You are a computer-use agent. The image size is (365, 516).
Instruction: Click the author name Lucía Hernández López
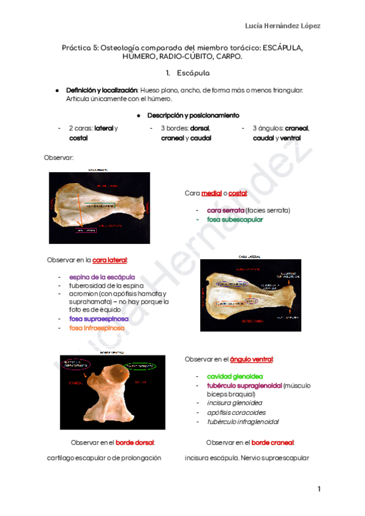282,26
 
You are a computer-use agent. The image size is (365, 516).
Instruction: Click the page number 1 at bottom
318,489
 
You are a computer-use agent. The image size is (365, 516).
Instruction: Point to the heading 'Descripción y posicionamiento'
192,115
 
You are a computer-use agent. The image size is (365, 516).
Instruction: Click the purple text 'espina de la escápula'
102,277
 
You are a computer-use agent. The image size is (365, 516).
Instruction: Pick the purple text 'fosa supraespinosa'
99,318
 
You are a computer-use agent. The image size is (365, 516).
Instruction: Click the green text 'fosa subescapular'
235,220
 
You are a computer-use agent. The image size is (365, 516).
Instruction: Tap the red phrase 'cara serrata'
226,210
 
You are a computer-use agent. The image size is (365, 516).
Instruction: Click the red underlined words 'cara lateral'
109,260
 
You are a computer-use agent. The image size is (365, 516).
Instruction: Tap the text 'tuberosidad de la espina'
106,285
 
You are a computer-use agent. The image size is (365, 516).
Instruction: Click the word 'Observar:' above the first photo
59,158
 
